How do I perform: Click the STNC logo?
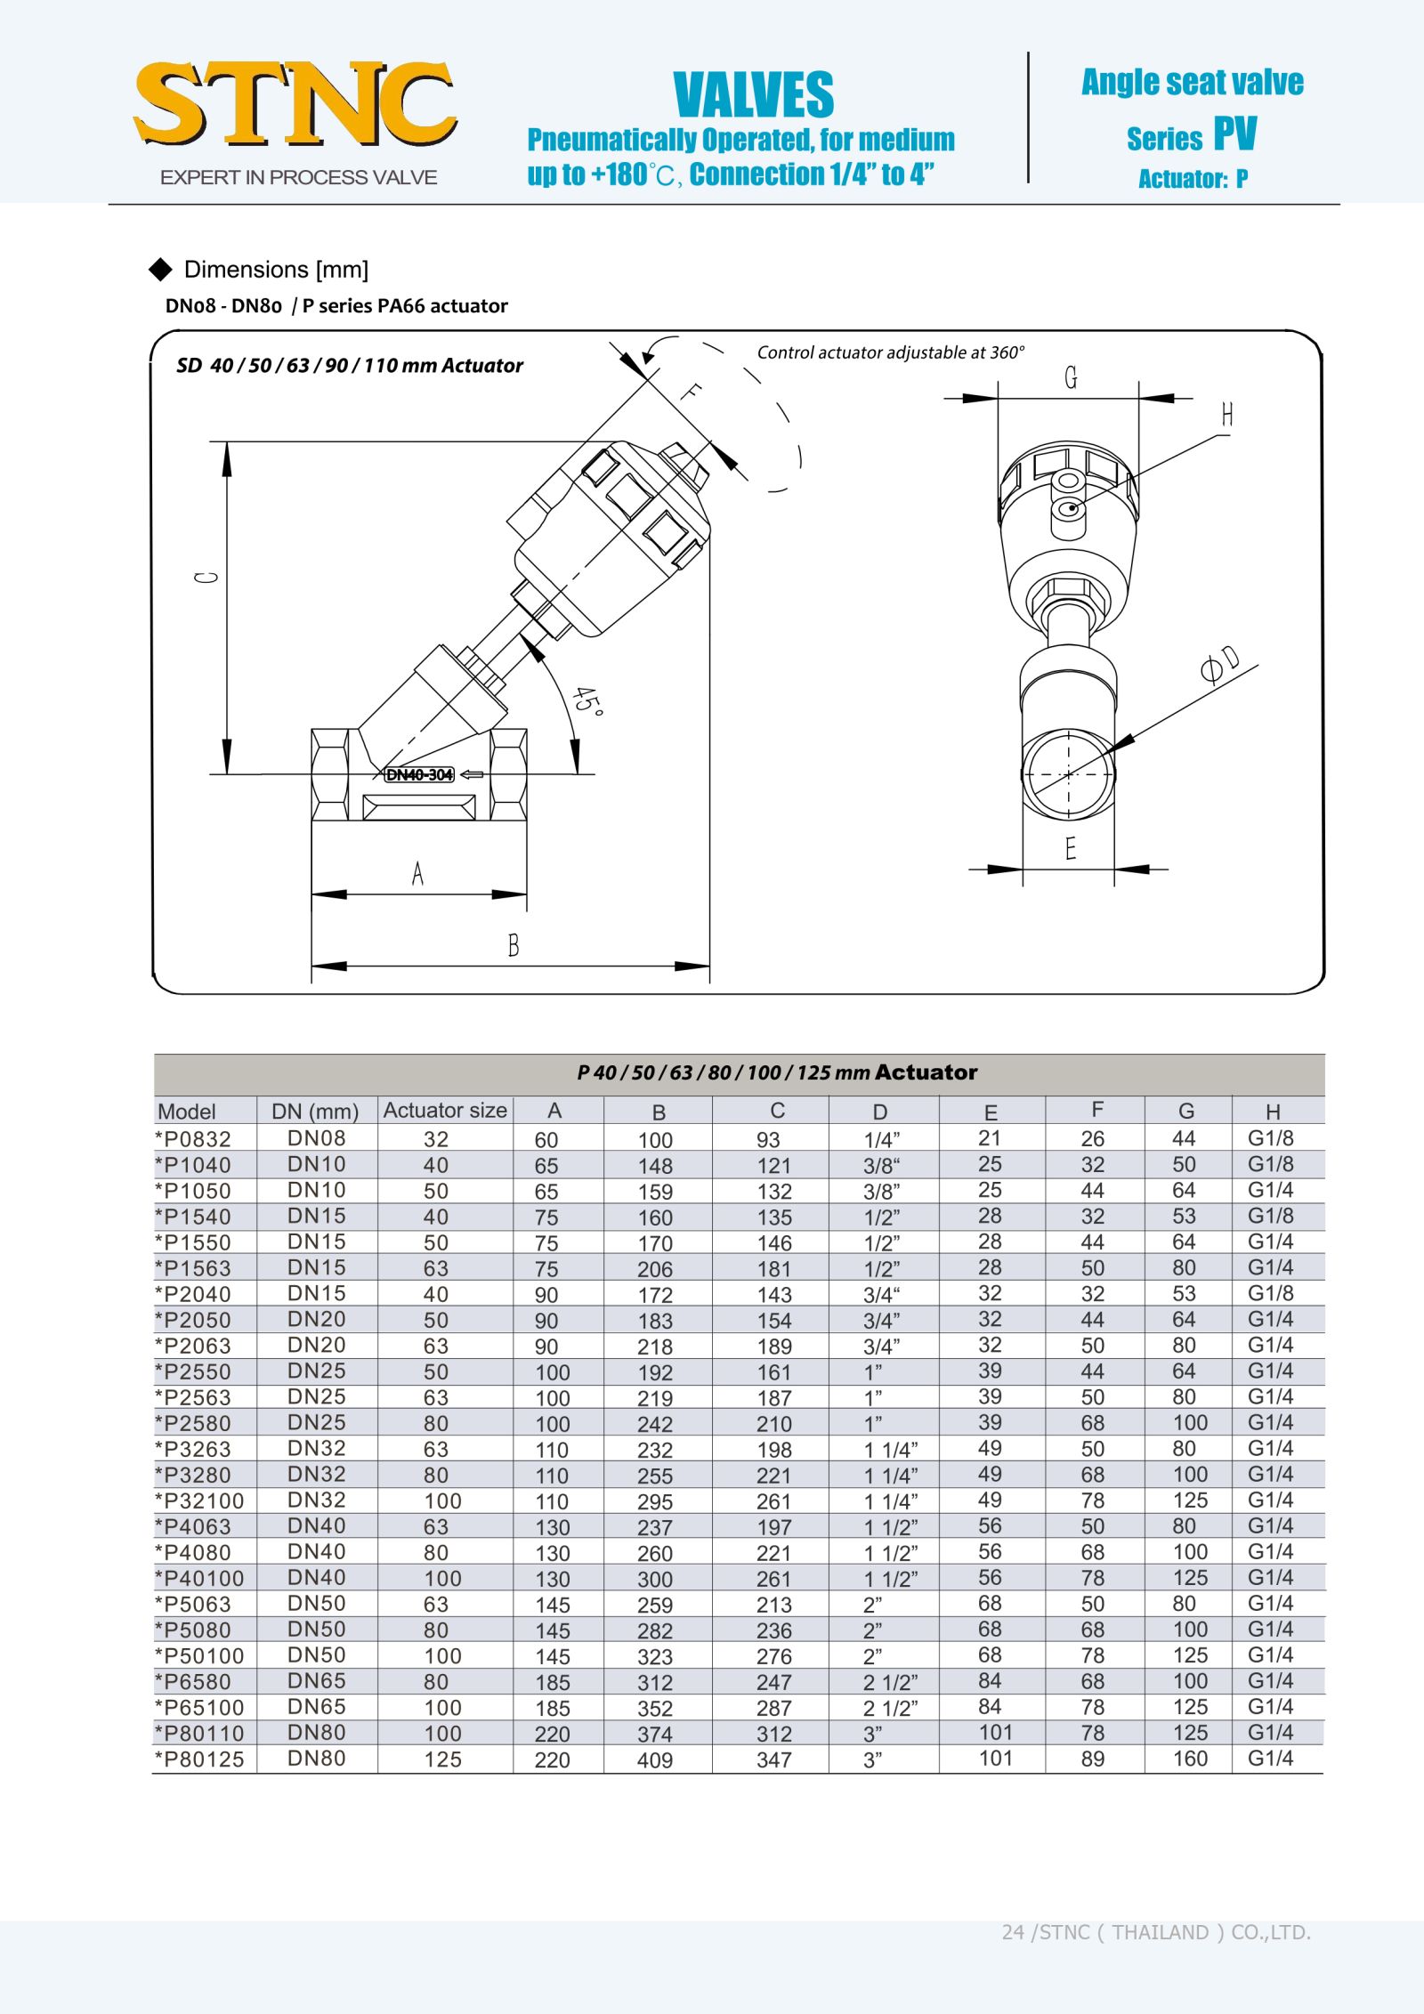click(x=295, y=105)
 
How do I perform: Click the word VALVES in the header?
click(x=753, y=95)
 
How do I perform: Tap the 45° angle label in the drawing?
click(x=587, y=700)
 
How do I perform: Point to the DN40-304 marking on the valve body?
click(x=419, y=774)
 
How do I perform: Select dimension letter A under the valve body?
click(x=417, y=874)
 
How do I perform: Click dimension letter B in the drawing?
click(x=514, y=945)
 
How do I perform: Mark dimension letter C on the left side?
click(x=206, y=578)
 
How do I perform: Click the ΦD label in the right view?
click(x=1219, y=664)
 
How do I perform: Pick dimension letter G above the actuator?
click(x=1071, y=378)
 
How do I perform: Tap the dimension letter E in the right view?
click(x=1071, y=848)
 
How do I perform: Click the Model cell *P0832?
click(x=193, y=1139)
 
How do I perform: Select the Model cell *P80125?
click(x=199, y=1759)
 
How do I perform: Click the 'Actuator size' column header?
click(x=445, y=1111)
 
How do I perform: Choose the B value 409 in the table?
click(x=655, y=1760)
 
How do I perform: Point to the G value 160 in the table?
click(x=1190, y=1759)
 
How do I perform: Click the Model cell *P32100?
click(x=199, y=1501)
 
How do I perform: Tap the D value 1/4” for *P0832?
click(x=882, y=1139)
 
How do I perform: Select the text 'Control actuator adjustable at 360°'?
click(x=890, y=352)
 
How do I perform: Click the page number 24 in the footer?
click(x=1013, y=1932)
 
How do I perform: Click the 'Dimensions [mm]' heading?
click(x=276, y=270)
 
